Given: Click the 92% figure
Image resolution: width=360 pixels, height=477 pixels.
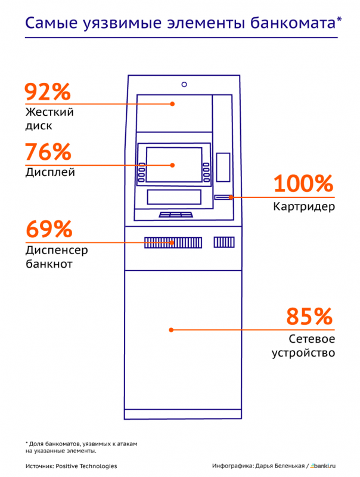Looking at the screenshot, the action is [48, 92].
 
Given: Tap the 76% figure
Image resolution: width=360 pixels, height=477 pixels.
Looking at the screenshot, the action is [48, 152].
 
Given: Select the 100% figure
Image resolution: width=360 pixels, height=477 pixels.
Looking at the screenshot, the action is [303, 184].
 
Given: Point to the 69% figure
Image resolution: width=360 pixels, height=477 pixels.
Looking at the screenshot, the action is [49, 229].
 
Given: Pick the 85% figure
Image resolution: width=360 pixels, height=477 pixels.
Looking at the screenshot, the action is [309, 317].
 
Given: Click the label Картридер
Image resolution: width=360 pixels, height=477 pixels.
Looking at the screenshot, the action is [304, 206].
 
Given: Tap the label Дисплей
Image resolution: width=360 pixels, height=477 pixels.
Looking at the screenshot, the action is [50, 172].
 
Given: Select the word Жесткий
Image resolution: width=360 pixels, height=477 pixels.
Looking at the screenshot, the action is [49, 111].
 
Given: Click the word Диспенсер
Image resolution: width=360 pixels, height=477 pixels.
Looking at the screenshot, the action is [57, 250].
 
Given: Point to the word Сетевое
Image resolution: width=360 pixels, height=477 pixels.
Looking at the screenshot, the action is [312, 339].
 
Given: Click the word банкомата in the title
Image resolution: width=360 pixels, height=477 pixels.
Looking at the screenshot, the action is [293, 23].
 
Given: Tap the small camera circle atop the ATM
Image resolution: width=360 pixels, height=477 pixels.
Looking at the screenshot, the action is [184, 84].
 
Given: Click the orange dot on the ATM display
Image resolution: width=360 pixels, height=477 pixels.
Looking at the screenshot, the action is [172, 165].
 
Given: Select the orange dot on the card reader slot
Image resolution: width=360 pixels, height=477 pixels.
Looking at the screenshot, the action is [231, 197].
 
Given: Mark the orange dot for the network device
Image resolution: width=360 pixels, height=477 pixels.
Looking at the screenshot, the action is [171, 330].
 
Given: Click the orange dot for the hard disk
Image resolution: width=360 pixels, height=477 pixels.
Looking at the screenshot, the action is [172, 104].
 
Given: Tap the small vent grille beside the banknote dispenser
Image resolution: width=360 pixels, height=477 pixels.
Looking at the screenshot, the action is [224, 243].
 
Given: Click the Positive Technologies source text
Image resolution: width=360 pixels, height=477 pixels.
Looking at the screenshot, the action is [86, 466].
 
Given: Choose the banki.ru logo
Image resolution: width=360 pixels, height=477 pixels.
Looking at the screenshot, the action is [323, 466].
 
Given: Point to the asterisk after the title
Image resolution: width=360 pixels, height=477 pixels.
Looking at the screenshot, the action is [339, 19].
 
